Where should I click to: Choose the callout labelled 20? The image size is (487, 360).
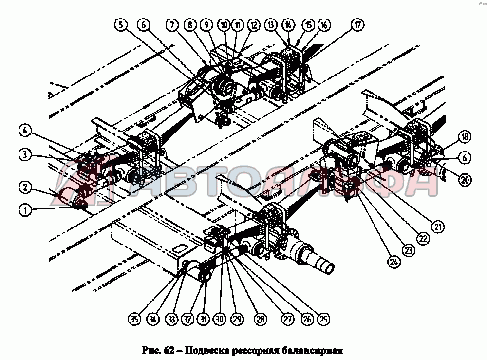pyautogui.click(x=465, y=179)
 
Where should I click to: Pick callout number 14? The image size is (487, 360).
pyautogui.click(x=288, y=25)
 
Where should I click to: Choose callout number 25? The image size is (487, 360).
pyautogui.click(x=322, y=319)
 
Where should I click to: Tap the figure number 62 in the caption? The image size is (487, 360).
pyautogui.click(x=167, y=349)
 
